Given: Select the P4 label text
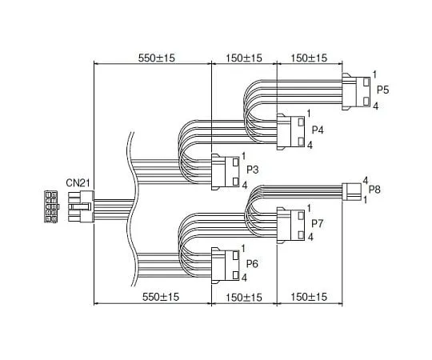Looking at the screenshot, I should point(317,129).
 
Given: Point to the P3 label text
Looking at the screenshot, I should point(252,170).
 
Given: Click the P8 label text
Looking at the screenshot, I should point(375,190).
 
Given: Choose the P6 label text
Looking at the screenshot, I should point(252,263).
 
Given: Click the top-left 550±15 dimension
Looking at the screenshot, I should point(152,58).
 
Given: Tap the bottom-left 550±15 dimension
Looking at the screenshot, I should point(152,298).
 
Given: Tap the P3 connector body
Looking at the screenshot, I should point(226,170).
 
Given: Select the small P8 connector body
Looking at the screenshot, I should point(351,191).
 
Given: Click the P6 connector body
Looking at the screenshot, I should point(226,263).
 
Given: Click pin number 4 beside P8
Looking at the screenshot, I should point(365,181).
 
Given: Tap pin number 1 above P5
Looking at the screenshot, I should point(374,75).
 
